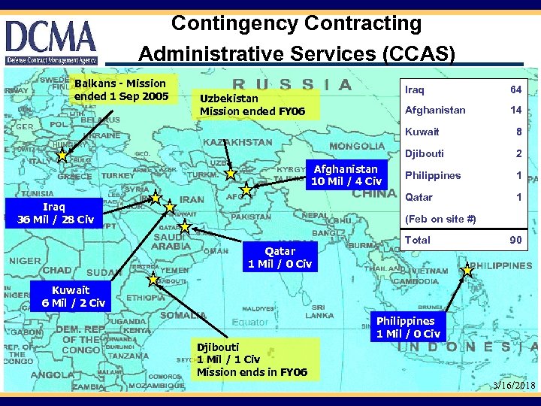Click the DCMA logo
[x=51, y=41]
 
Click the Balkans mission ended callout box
[x=120, y=89]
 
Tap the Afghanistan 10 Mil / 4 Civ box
[x=346, y=175]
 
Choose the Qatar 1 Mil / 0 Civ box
[x=280, y=257]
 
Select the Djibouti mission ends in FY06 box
[x=252, y=359]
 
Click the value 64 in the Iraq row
[x=515, y=89]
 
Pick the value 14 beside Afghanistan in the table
[x=515, y=110]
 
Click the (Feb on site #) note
[x=440, y=219]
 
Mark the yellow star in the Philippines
[x=467, y=270]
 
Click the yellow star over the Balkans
[x=62, y=156]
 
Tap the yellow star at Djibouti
[x=153, y=280]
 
